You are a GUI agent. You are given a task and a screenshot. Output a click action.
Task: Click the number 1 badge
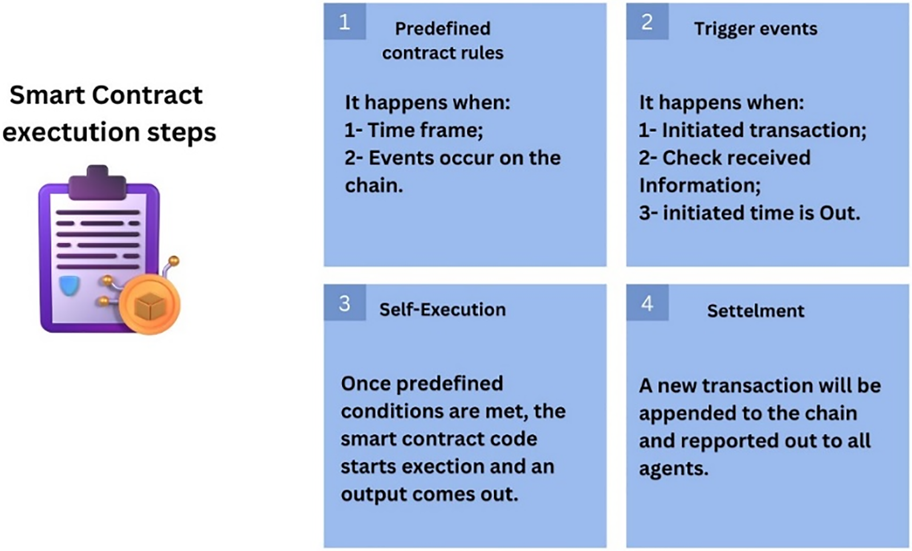click(x=344, y=21)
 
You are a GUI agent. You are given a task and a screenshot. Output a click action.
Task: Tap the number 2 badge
click(x=647, y=21)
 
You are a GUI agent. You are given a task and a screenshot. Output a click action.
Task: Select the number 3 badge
click(x=344, y=303)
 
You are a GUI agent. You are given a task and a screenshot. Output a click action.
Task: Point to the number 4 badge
click(x=647, y=303)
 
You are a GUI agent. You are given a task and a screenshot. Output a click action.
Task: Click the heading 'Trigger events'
click(x=756, y=29)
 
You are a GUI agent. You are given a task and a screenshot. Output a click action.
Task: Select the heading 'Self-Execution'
click(x=442, y=310)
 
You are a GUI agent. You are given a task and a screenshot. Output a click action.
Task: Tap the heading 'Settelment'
click(x=756, y=311)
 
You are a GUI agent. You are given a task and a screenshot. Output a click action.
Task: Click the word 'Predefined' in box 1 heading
click(x=442, y=29)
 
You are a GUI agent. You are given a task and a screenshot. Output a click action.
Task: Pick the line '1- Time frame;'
click(x=414, y=131)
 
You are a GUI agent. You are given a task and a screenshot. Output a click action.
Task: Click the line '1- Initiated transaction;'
click(x=752, y=131)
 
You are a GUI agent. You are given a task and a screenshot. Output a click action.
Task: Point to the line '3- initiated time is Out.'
click(x=750, y=213)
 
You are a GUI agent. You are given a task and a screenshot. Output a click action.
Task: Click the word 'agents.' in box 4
click(x=673, y=469)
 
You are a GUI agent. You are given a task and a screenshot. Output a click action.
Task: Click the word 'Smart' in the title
click(x=47, y=95)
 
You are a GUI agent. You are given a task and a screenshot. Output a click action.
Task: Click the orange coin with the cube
click(x=150, y=305)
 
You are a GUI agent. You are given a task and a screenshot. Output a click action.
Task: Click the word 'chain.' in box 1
click(x=374, y=185)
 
